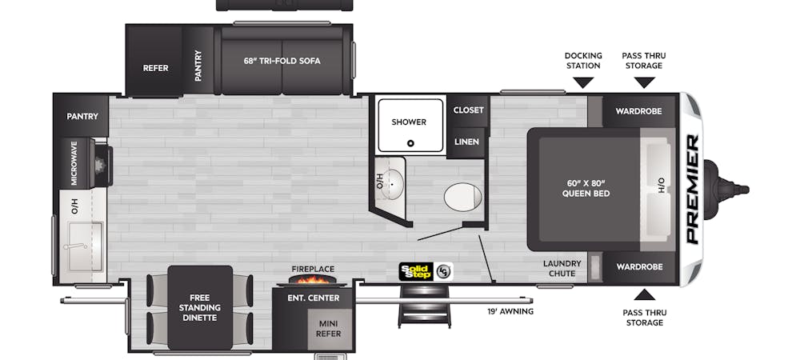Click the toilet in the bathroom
pos(462,196)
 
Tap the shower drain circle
pos(410,143)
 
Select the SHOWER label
pos(409,122)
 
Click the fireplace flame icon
pos(312,279)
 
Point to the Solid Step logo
pos(416,271)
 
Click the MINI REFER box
pos(330,329)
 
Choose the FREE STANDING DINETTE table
pos(200,307)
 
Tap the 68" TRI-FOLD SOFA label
pos(282,61)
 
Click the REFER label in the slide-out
pos(156,68)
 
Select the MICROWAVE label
pos(74,163)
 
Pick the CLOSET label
pos(468,110)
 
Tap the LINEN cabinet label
pos(467,142)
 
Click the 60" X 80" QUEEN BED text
pos(586,189)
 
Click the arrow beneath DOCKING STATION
pos(583,82)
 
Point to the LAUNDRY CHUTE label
pos(562,268)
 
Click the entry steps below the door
pos(425,305)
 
